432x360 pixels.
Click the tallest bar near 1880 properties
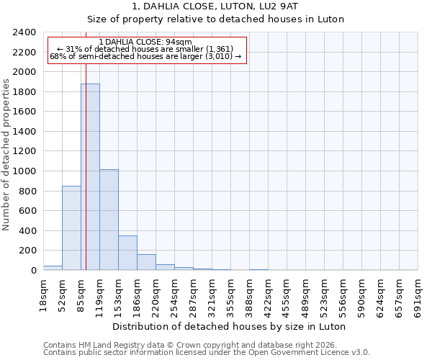pyautogui.click(x=90, y=176)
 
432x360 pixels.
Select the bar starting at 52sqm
pyautogui.click(x=71, y=228)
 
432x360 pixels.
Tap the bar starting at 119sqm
pyautogui.click(x=109, y=220)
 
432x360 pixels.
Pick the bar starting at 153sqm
pyautogui.click(x=127, y=253)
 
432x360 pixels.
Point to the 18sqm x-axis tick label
pyautogui.click(x=44, y=295)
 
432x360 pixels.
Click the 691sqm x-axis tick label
pyautogui.click(x=418, y=295)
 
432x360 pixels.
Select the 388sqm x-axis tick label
pyautogui.click(x=250, y=295)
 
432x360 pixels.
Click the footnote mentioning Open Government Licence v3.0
pyautogui.click(x=207, y=353)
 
